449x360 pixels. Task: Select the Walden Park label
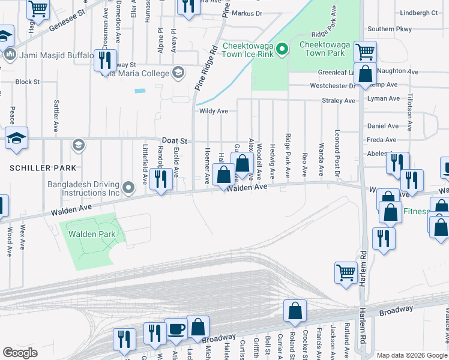[92, 234]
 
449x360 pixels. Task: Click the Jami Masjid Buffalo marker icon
[10, 55]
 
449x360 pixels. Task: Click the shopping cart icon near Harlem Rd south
[346, 272]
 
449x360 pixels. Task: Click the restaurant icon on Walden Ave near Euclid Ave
[160, 178]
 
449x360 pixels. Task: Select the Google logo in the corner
[20, 353]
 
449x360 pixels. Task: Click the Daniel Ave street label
[382, 126]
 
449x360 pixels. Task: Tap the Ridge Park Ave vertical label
[288, 155]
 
